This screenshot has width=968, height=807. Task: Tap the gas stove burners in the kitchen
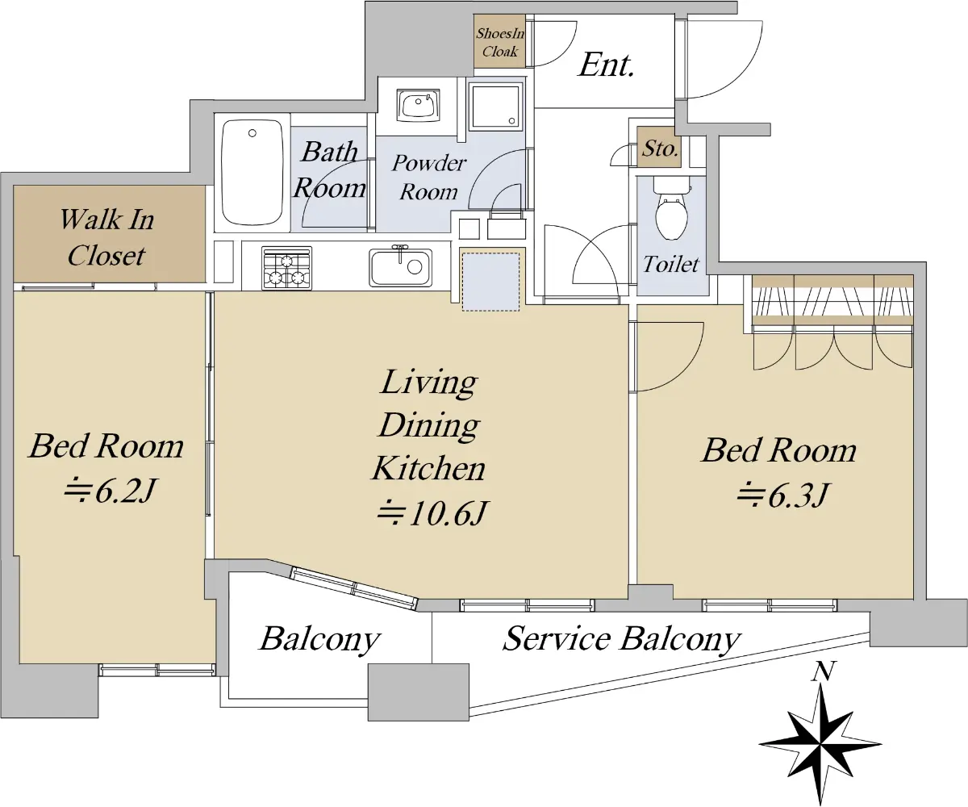coord(286,268)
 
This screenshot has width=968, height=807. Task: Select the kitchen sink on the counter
coord(401,268)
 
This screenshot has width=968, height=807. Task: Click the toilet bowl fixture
coord(671,210)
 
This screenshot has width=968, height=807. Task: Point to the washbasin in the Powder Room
coord(418,105)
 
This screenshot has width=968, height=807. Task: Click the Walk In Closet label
coord(107,237)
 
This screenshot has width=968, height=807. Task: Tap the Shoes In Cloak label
coord(500,42)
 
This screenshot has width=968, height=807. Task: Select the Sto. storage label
coord(660,148)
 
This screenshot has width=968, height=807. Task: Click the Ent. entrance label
coord(606,65)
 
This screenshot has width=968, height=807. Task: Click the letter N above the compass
coord(824,671)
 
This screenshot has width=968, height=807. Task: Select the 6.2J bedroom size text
coord(110,491)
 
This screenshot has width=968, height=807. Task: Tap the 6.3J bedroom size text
coord(782,495)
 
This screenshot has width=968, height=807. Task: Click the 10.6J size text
coord(432,513)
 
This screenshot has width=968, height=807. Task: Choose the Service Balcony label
coord(622,639)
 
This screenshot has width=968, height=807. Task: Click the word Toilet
coord(671,265)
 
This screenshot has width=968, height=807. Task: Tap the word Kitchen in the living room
coord(429,468)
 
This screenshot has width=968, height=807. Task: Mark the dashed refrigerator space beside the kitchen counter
coord(491,282)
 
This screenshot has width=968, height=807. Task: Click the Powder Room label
coord(429,178)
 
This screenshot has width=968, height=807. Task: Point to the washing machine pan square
coord(495,107)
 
